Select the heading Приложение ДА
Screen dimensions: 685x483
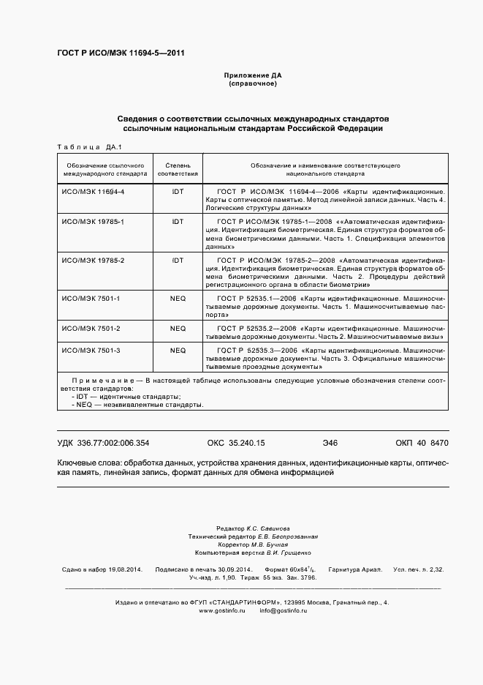point(252,75)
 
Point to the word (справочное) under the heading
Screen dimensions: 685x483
point(252,84)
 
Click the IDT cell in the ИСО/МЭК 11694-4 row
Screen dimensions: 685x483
point(178,191)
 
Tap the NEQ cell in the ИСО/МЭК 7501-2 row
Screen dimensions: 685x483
point(178,328)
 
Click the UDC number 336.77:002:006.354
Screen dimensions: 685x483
point(114,443)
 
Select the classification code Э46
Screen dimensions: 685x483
point(330,443)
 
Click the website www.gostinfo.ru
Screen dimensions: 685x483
point(221,610)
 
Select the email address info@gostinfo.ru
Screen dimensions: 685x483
point(284,610)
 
